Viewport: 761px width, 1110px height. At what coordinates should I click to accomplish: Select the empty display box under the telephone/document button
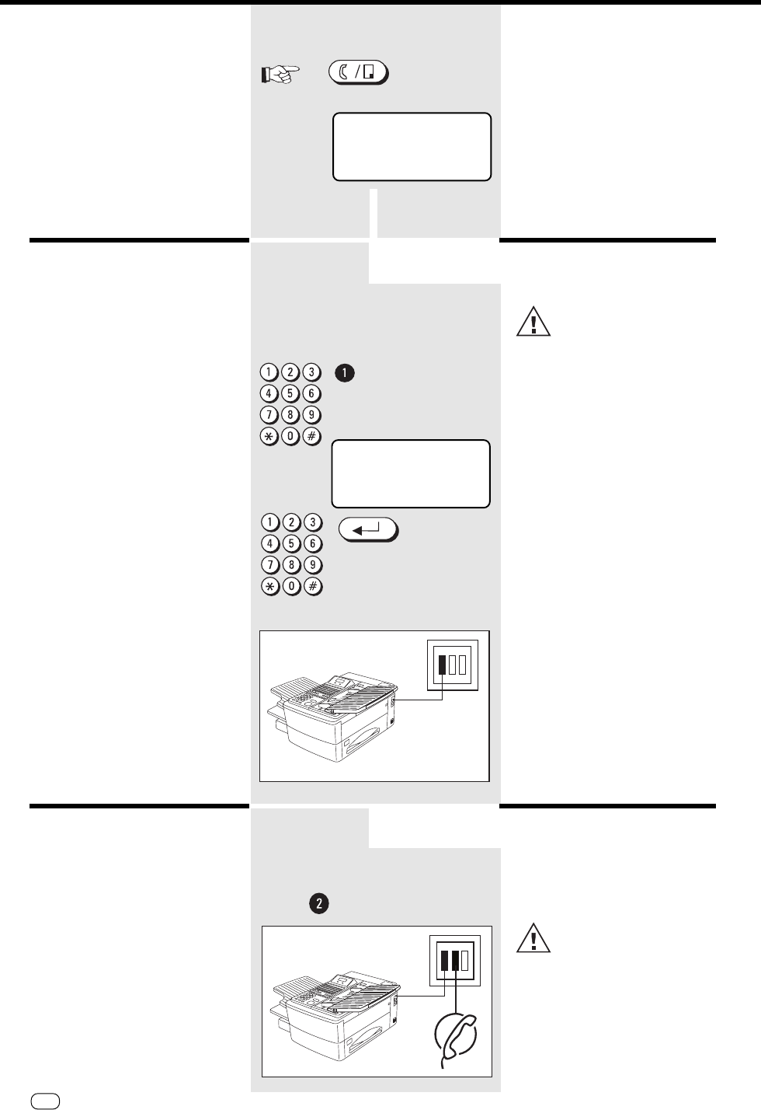[x=412, y=147]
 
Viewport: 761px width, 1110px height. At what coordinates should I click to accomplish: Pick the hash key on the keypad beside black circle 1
[x=311, y=436]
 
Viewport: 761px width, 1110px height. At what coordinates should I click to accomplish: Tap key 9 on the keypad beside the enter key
[x=311, y=565]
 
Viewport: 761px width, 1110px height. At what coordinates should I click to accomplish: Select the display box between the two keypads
[x=412, y=474]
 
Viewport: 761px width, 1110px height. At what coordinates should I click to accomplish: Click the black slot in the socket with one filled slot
[x=442, y=665]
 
